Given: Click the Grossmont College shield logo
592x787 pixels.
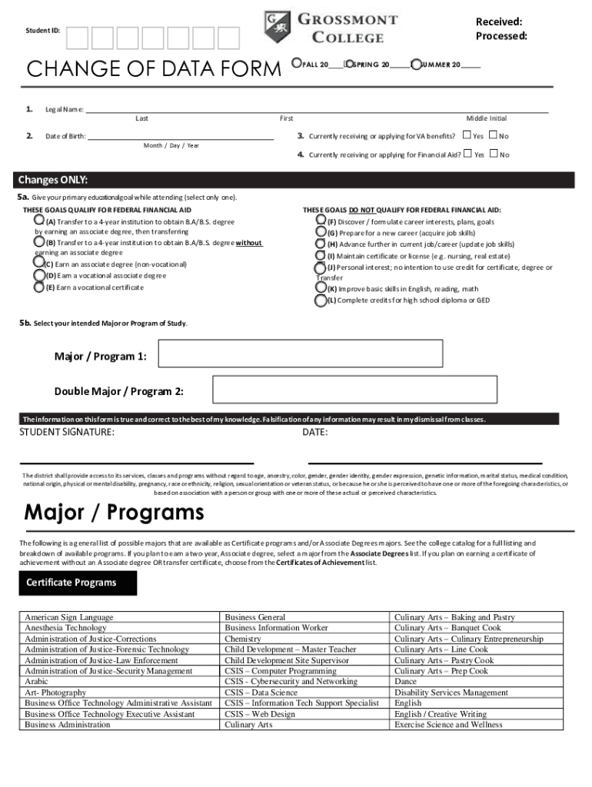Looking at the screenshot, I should [277, 26].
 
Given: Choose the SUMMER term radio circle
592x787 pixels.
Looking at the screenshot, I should [416, 65].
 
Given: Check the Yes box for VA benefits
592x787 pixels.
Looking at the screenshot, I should [467, 135].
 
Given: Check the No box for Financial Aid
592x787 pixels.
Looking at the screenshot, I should [494, 154].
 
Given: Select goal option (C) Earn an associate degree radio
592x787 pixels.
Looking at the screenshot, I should [38, 264].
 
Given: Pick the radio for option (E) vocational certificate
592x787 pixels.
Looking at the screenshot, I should [38, 287].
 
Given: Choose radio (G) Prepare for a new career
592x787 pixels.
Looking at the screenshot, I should [321, 232].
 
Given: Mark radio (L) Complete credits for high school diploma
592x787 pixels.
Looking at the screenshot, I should [321, 301].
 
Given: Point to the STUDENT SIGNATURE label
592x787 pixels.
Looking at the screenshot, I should [67, 433].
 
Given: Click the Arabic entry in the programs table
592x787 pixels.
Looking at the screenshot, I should [37, 682].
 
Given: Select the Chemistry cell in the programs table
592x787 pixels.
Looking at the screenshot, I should [243, 639].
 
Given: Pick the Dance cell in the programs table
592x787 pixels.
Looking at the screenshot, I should [405, 682].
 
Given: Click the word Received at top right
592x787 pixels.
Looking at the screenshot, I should [498, 22].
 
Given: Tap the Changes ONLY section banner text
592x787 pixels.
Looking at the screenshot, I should [53, 181].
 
